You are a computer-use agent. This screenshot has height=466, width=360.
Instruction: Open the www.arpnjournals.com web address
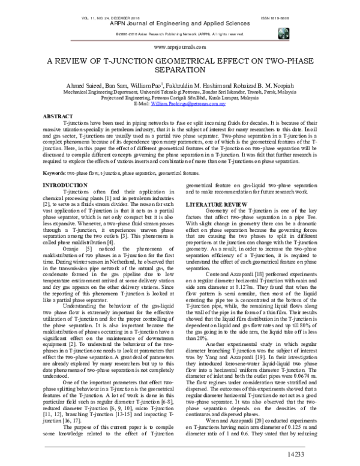pyautogui.click(x=180, y=46)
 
